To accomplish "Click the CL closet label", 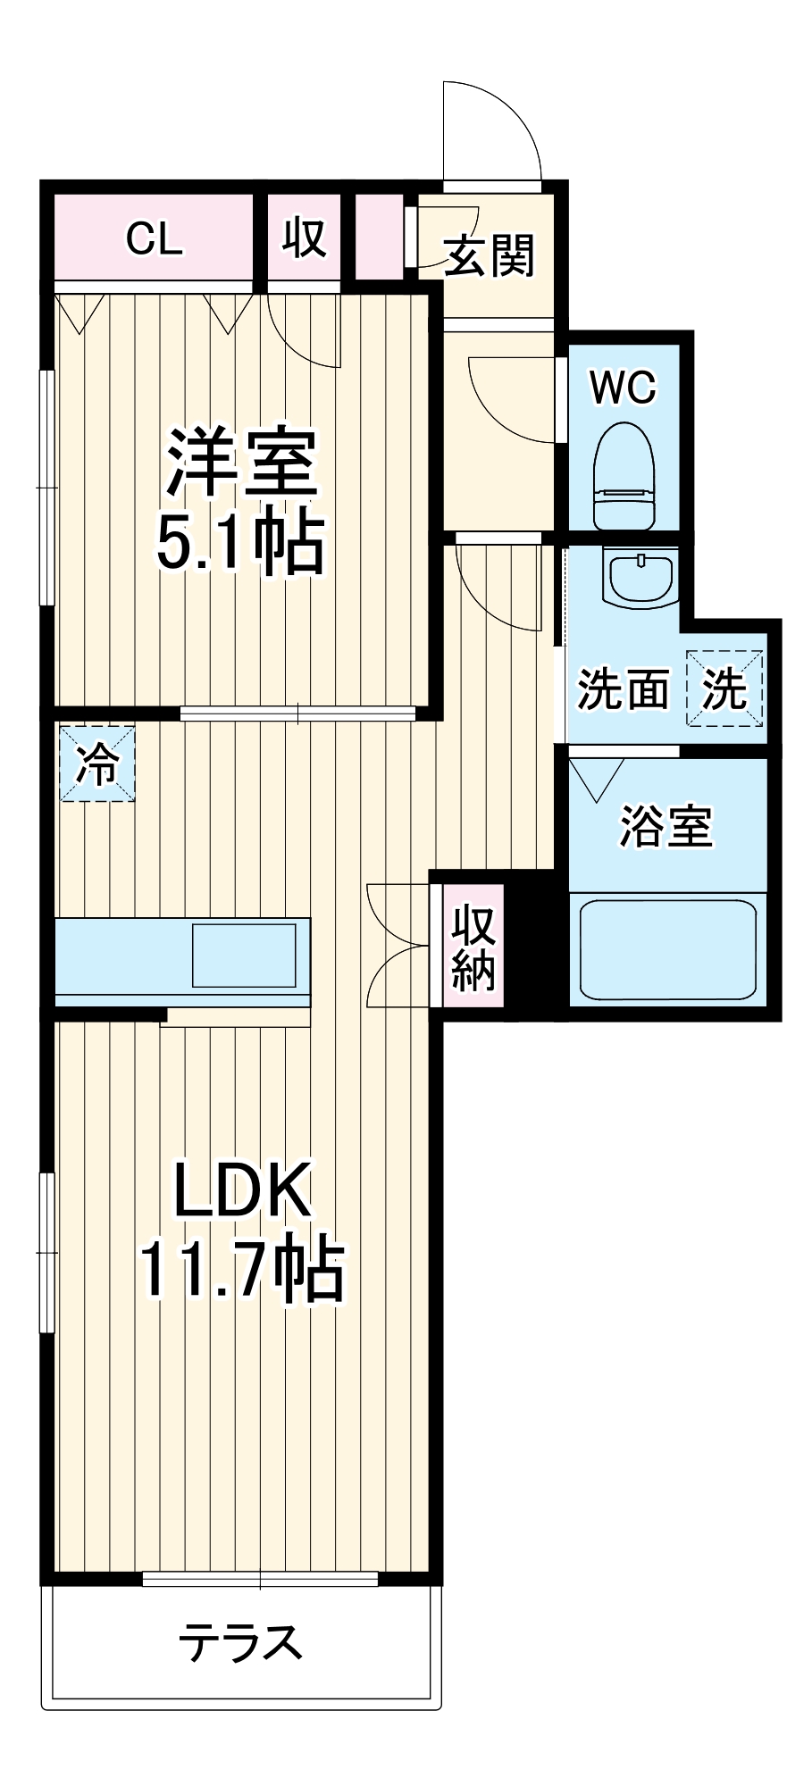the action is point(155,238).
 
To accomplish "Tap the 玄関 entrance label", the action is point(489,255).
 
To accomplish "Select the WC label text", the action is point(624,387).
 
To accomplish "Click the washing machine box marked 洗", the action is point(724,688).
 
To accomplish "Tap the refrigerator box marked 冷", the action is point(96,764).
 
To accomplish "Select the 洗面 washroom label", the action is point(623,689).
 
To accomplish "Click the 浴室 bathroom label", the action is point(666,826).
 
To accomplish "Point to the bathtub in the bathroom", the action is point(668,949).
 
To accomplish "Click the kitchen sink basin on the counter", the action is point(244,955).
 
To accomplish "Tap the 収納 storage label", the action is point(473,947).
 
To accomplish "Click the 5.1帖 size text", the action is point(239,542).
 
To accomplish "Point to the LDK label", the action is point(242,1189).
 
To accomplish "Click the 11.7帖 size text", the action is point(241,1269).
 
